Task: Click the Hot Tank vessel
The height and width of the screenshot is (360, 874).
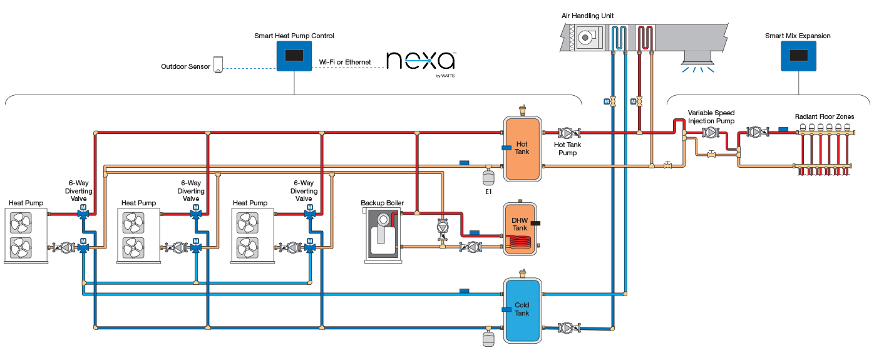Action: pyautogui.click(x=523, y=148)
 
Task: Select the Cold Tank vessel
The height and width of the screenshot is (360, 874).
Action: pyautogui.click(x=523, y=309)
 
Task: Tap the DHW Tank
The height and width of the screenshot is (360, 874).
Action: pyautogui.click(x=520, y=229)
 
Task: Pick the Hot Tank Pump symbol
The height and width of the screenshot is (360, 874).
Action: pyautogui.click(x=567, y=133)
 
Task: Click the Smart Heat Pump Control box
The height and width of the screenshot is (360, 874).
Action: pyautogui.click(x=294, y=56)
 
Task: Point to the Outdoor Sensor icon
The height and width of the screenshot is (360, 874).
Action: pyautogui.click(x=218, y=64)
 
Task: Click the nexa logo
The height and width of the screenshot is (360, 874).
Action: pyautogui.click(x=420, y=61)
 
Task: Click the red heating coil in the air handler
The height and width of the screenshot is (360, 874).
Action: pyautogui.click(x=645, y=37)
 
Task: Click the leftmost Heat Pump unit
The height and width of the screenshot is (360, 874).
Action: pyautogui.click(x=26, y=235)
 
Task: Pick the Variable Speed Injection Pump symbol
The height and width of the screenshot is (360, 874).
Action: pyautogui.click(x=711, y=133)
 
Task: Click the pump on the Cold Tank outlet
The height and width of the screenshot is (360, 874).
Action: pyautogui.click(x=567, y=327)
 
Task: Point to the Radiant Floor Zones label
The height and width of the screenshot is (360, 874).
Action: pyautogui.click(x=824, y=116)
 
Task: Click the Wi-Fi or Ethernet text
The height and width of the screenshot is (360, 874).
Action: pyautogui.click(x=345, y=62)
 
